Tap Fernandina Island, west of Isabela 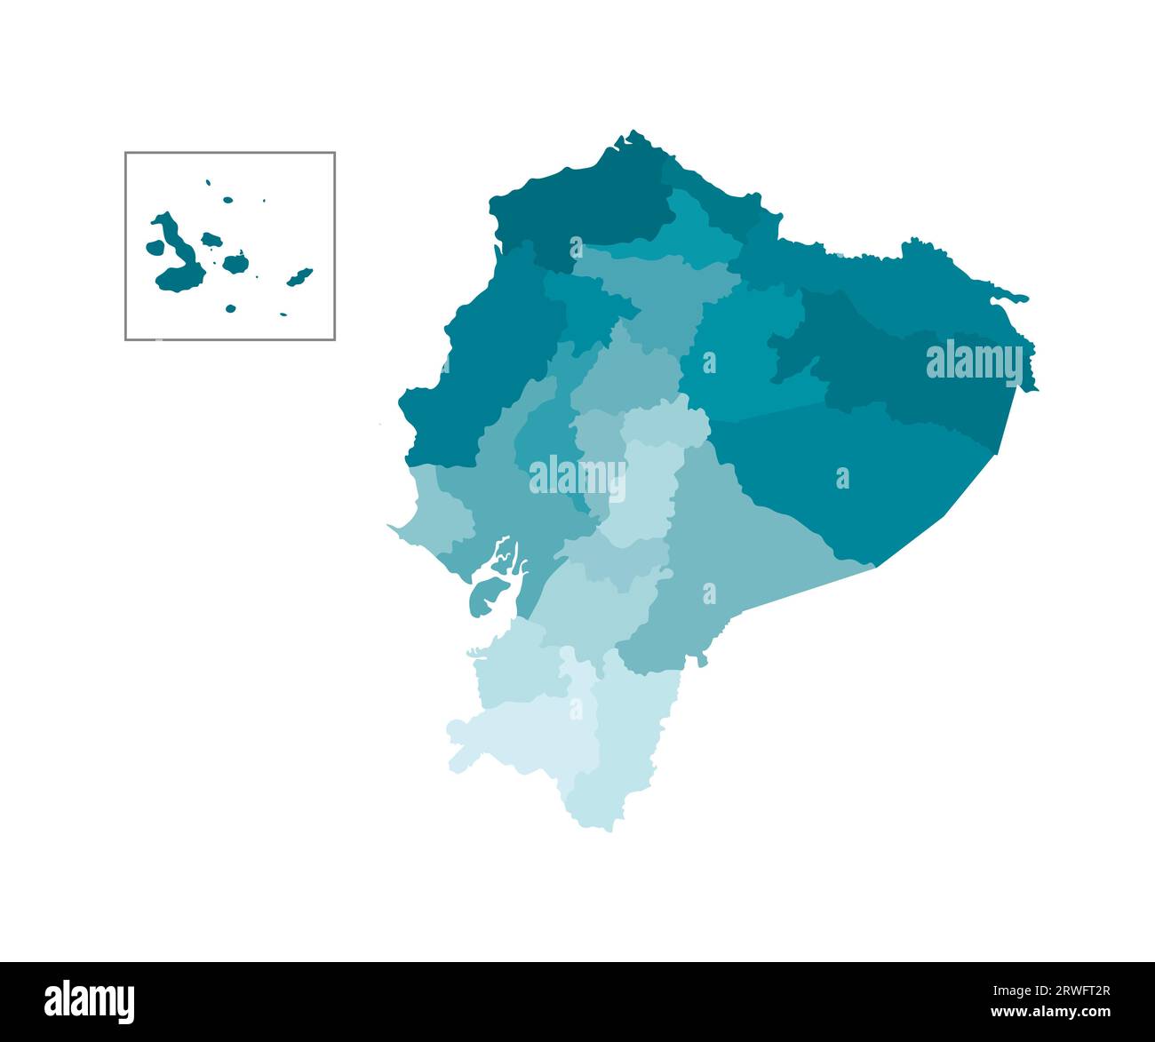tap(155, 246)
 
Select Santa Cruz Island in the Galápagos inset tap(235, 263)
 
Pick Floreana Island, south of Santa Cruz tap(230, 308)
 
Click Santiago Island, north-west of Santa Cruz tap(211, 239)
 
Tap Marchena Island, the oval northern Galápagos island tap(227, 200)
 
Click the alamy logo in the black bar tap(90, 1001)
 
